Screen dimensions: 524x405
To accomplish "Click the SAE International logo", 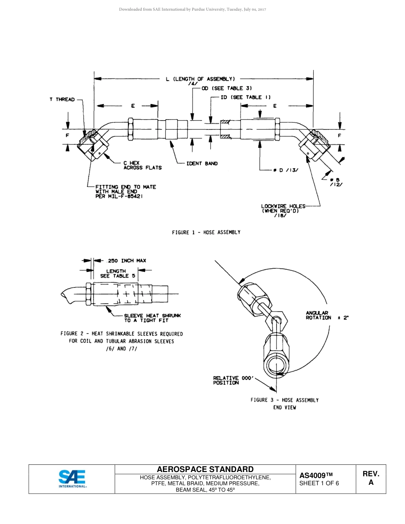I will (x=72, y=479).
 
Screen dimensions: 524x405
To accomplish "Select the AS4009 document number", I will (x=316, y=475).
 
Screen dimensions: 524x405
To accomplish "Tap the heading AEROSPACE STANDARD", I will (x=205, y=469).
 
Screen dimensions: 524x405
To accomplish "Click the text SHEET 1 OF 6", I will (x=319, y=483).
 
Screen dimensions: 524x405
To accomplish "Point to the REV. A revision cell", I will (x=370, y=478).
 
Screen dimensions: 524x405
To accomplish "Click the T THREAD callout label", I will (x=62, y=100).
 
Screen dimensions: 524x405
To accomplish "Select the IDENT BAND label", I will (x=202, y=164).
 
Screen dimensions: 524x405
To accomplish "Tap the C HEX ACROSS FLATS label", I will (x=142, y=165).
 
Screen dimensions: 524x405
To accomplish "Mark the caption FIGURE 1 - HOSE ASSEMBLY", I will (x=206, y=232).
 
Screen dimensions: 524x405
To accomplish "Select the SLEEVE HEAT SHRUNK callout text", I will (x=152, y=318).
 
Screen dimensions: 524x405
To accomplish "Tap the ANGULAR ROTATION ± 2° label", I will (x=327, y=316).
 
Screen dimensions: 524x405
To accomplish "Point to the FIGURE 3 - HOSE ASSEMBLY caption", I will (x=284, y=400).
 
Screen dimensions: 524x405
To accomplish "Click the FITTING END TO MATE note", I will (x=126, y=191).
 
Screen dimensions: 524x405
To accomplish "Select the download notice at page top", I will (x=192, y=9).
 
